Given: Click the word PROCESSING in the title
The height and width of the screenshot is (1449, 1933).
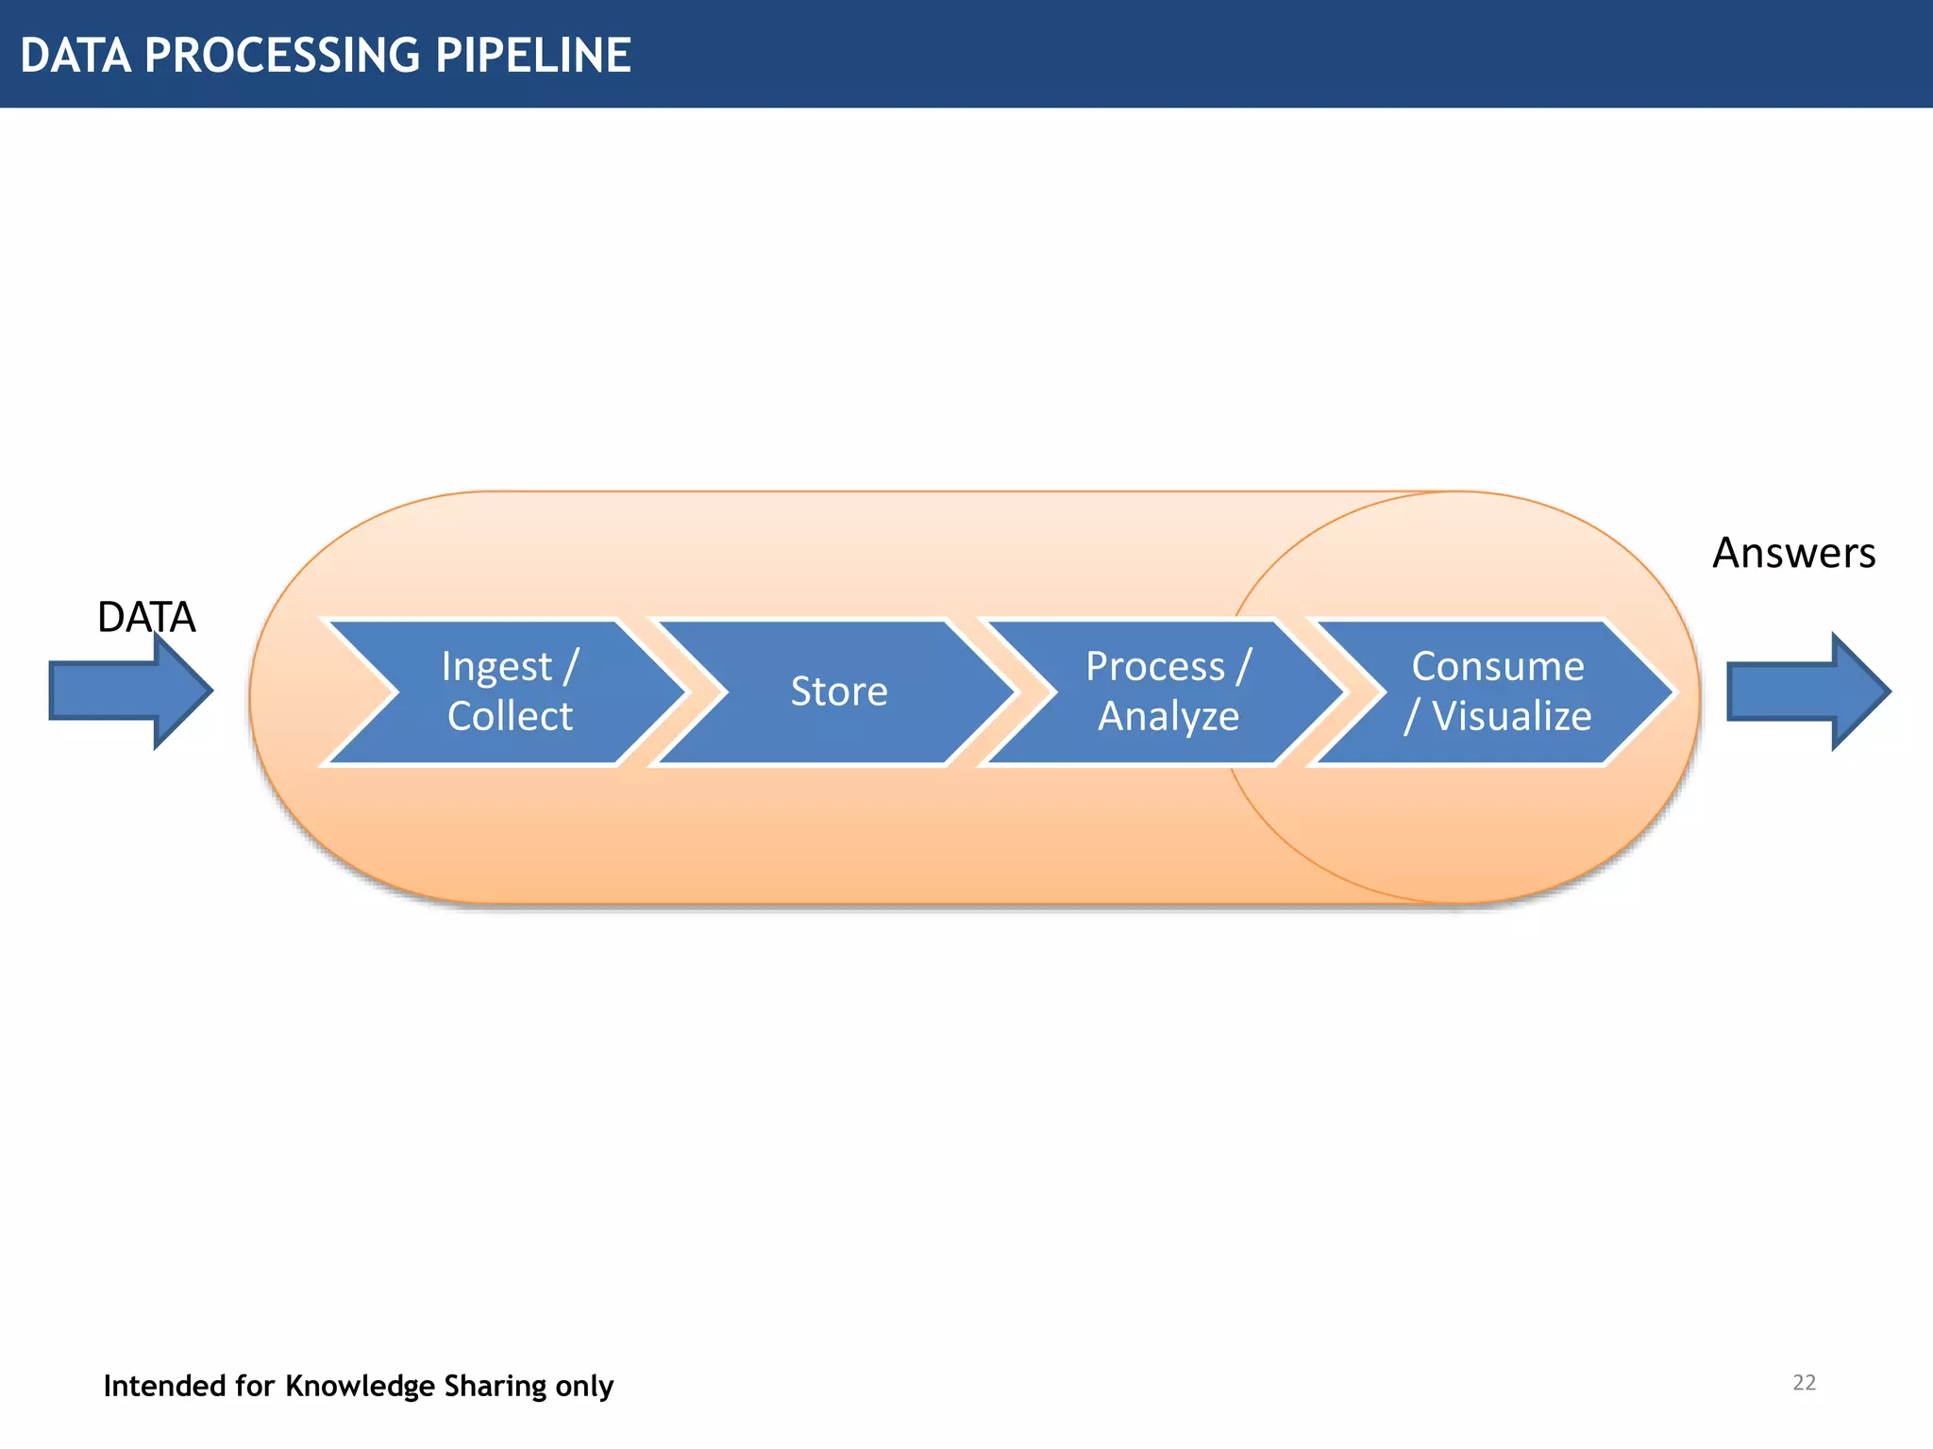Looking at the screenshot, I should [x=282, y=55].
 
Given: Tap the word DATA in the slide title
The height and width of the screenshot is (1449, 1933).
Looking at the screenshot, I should [x=76, y=55].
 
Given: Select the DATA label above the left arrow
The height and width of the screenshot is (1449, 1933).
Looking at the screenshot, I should [x=146, y=617].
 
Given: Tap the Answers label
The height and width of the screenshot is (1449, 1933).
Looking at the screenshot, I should [x=1793, y=553].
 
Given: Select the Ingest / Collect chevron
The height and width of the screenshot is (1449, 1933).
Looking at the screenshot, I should [x=510, y=691].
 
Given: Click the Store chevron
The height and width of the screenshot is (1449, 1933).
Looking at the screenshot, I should [x=838, y=691].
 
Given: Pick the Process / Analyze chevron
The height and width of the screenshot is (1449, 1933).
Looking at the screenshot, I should [x=1168, y=691].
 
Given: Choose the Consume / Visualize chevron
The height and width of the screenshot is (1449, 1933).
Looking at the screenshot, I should [x=1497, y=691].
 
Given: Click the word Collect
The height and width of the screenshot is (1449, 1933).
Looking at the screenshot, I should [x=510, y=717].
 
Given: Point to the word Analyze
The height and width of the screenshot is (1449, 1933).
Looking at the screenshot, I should [x=1168, y=717].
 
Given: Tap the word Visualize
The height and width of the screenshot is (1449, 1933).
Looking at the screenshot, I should [x=1511, y=717].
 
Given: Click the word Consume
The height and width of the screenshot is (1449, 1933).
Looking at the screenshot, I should [x=1497, y=667].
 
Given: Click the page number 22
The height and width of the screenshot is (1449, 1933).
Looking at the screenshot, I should [x=1804, y=1383].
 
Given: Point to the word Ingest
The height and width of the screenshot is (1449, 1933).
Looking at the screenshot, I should [x=496, y=667].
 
